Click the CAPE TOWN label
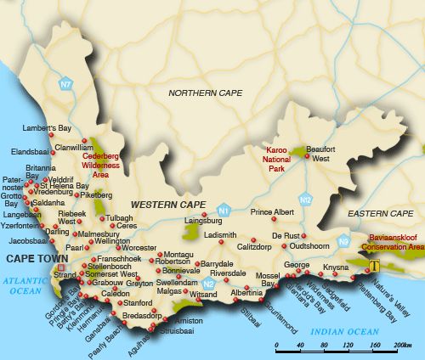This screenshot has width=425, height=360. tap(33, 257)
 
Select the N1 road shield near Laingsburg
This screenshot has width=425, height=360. tap(224, 209)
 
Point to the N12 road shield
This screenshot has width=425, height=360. tap(306, 200)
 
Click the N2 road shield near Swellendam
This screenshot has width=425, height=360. tap(208, 284)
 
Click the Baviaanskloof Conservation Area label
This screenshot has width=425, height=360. tap(392, 242)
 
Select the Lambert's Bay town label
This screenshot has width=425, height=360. tap(48, 127)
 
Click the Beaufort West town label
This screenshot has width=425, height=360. tap(320, 154)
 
